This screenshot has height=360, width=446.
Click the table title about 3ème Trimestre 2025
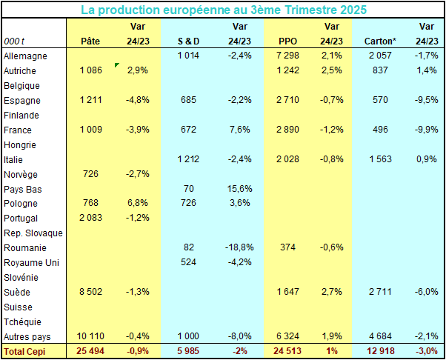(223, 10)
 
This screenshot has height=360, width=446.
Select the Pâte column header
(90, 41)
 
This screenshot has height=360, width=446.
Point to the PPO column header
(288, 41)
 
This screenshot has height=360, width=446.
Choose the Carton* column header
(379, 41)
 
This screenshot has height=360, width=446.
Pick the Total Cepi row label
(25, 350)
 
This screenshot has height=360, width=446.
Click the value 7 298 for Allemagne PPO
(287, 56)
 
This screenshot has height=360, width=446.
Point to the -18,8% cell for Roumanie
(239, 247)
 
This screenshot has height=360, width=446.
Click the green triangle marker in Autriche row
(116, 66)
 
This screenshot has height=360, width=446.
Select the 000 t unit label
(15, 41)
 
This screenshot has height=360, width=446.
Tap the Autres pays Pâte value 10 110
(90, 336)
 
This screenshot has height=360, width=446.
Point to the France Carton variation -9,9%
(427, 129)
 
